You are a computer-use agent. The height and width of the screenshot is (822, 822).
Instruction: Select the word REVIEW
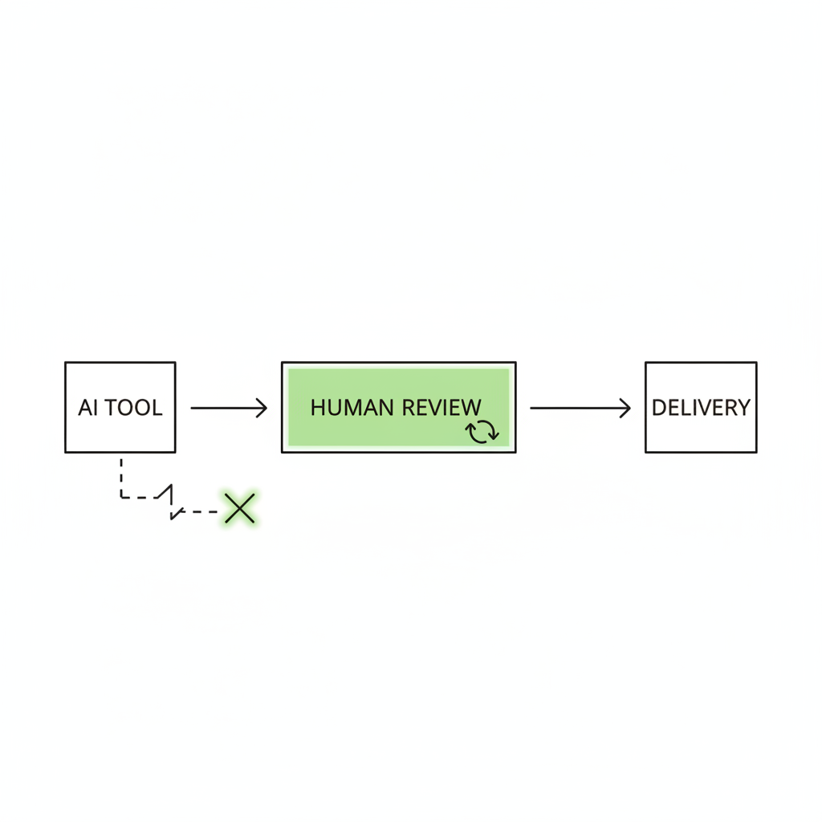click(442, 408)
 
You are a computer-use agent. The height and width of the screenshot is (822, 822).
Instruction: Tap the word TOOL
click(134, 408)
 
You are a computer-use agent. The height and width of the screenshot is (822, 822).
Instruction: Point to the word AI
click(87, 408)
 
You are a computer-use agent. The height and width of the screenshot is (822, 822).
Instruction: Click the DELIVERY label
click(701, 408)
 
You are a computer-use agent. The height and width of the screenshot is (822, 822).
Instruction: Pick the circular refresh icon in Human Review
click(482, 431)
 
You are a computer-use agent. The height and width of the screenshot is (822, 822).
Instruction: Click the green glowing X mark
click(239, 508)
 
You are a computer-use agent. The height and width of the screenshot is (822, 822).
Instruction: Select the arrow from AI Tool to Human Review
click(229, 408)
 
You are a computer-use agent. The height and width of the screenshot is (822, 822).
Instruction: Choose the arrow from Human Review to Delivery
click(580, 408)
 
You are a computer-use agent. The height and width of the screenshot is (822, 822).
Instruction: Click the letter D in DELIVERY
click(659, 408)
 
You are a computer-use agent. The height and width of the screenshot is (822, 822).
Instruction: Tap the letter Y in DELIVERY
click(743, 408)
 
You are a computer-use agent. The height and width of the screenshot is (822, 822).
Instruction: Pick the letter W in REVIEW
click(470, 408)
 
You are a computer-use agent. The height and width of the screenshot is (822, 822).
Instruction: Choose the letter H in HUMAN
click(318, 408)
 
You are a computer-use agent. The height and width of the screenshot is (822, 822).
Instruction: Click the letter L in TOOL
click(157, 408)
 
